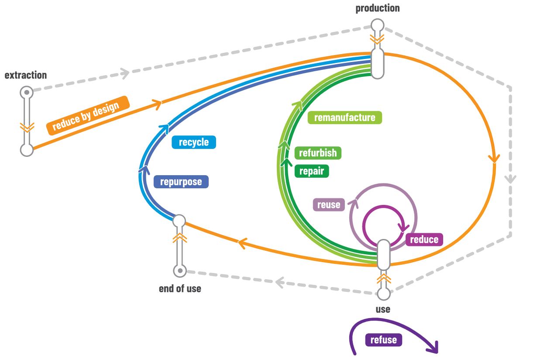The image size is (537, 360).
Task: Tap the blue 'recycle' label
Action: point(193,142)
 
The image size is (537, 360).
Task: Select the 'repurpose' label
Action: point(181,182)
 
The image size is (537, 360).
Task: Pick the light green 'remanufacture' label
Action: point(344,118)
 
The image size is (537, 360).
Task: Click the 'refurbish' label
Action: point(318,153)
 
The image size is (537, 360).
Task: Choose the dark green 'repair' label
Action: point(312,171)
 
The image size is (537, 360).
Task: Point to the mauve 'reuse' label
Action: point(328,204)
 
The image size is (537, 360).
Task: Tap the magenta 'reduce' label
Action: point(424,239)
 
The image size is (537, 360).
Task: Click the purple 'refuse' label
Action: point(383,340)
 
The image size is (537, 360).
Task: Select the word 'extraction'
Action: point(26,75)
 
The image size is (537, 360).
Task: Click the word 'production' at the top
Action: point(377,8)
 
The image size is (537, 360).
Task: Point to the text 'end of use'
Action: point(180,289)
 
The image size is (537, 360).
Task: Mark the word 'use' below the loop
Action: point(383,309)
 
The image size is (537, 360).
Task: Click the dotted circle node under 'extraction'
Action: point(27,93)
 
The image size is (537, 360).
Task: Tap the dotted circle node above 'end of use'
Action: point(179,271)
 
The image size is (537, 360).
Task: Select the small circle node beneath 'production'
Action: point(377,25)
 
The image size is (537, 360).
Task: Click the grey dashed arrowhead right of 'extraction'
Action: point(125,73)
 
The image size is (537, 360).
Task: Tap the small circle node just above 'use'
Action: point(383,294)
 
